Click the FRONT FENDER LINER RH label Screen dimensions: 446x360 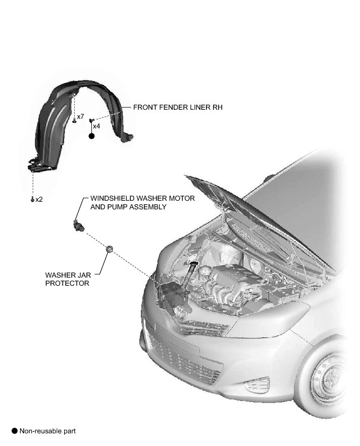point(178,108)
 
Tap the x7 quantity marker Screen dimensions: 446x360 point(81,117)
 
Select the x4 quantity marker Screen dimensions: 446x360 point(96,126)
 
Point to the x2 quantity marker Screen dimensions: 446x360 point(39,199)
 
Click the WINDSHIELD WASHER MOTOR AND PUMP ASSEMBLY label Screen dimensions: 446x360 point(142,203)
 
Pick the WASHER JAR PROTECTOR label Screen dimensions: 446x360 point(67,279)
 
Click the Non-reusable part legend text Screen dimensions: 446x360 point(47,431)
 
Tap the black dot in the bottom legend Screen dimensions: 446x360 point(15,431)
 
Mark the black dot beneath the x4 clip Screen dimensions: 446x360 point(91,136)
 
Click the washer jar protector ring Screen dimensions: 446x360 point(109,249)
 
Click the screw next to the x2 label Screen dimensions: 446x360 point(32,199)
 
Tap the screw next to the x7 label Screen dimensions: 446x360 point(74,119)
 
